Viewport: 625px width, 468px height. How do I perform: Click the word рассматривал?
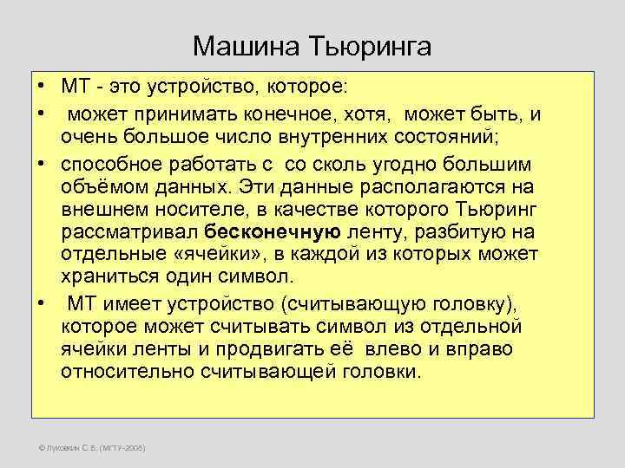(131, 233)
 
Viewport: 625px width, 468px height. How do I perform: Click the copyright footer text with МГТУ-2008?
(87, 448)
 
